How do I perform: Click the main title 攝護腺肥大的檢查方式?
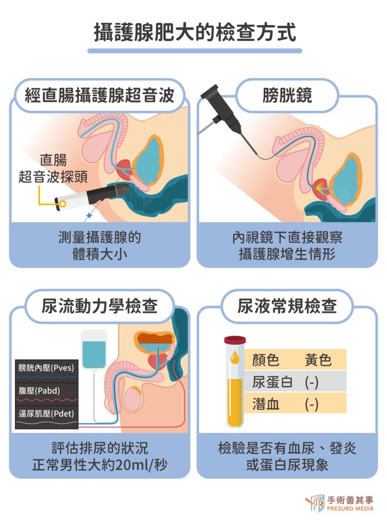pos(195,32)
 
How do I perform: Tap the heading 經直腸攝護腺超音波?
pos(100,95)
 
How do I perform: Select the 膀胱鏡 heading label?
pos(287,95)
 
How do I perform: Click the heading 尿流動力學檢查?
pos(100,306)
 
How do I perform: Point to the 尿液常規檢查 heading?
pos(287,306)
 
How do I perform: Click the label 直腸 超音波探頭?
pos(53,168)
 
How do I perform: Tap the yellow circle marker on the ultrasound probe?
pos(63,203)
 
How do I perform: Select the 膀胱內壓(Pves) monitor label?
pos(46,368)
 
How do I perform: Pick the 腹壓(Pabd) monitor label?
pos(39,390)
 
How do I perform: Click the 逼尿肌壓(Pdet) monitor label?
pos(46,414)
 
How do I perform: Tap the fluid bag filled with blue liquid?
pos(94,350)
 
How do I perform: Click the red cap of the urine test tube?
pos(235,340)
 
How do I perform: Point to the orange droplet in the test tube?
pos(235,358)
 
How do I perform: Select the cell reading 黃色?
pos(318,360)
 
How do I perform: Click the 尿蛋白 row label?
pos(273,382)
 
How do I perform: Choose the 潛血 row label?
pos(266,404)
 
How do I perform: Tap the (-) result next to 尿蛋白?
pos(312,382)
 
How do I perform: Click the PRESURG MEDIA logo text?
pos(350,509)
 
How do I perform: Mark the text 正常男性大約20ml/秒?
pos(100,464)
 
